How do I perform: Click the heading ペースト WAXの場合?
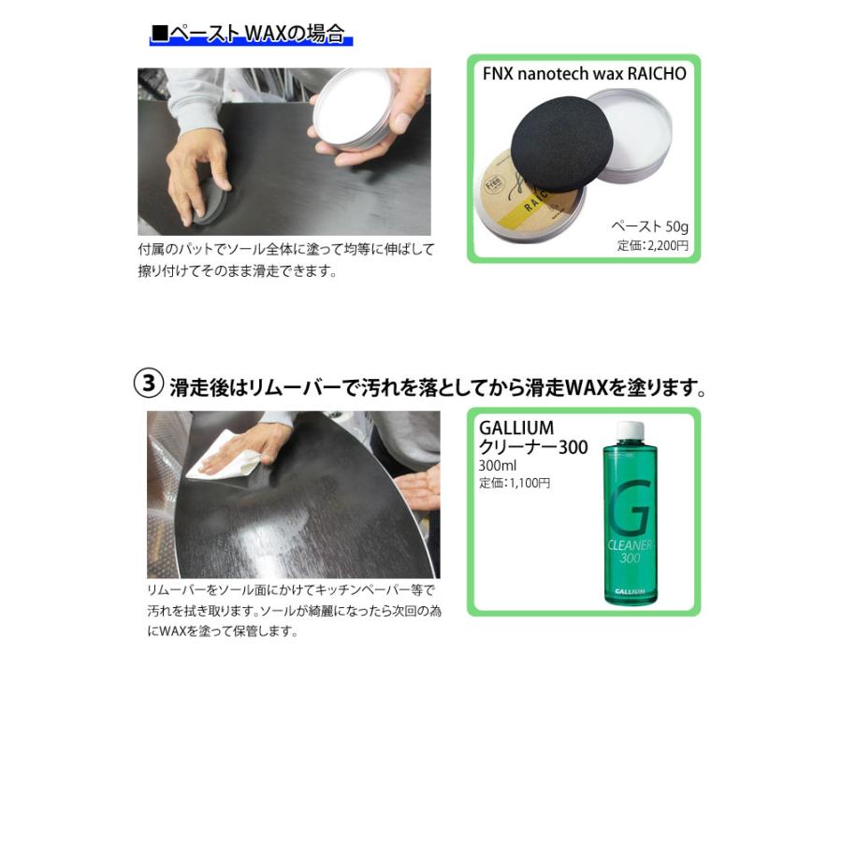250,35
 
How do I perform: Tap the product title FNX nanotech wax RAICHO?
584,74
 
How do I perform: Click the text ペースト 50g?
650,227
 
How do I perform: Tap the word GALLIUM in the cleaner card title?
516,429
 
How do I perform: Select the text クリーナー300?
533,448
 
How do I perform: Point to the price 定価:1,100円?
515,483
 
